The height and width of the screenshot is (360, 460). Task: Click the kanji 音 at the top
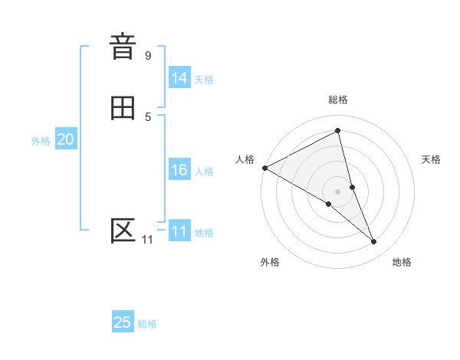[x=123, y=47]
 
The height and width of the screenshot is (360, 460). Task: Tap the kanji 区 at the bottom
[x=123, y=231]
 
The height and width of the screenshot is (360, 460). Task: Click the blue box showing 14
[x=179, y=78]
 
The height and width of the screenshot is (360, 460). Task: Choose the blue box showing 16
[x=179, y=170]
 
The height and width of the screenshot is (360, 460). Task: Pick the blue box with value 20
[x=65, y=140]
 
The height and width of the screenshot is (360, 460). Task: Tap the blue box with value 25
[x=123, y=322]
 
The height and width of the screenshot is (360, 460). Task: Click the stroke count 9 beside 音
[x=148, y=55]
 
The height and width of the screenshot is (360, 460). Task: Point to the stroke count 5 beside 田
[x=148, y=116]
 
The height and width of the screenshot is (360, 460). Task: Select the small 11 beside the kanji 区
[x=147, y=240]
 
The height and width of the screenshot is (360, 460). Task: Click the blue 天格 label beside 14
[x=204, y=80]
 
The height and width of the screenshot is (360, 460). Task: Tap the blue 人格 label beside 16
[x=204, y=172]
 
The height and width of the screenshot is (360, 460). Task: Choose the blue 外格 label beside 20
[x=41, y=141]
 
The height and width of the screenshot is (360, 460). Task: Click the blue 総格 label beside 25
[x=147, y=324]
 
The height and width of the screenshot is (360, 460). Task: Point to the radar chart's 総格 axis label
[x=337, y=100]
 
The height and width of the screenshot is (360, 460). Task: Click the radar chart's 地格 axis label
[x=402, y=262]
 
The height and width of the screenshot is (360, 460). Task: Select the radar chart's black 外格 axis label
[x=270, y=262]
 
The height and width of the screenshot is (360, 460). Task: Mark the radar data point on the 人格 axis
[x=264, y=167]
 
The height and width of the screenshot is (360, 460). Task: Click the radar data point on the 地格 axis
[x=374, y=242]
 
